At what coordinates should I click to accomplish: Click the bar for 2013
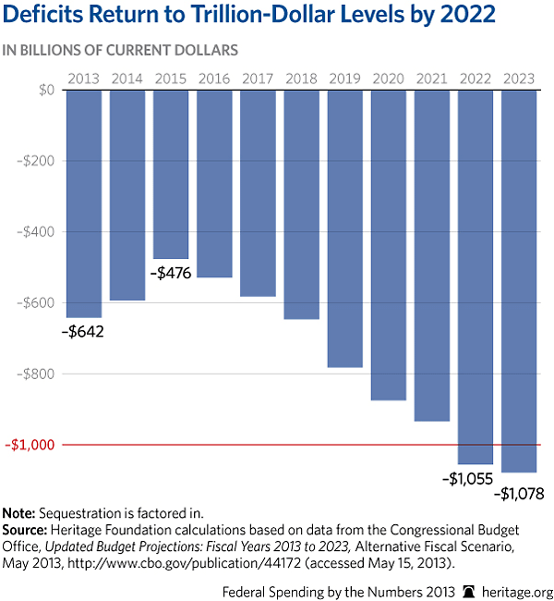84,203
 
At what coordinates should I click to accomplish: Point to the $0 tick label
44,90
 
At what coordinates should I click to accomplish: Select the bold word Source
26,529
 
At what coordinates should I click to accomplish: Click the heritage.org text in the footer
520,593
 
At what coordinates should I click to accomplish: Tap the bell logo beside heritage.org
470,593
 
